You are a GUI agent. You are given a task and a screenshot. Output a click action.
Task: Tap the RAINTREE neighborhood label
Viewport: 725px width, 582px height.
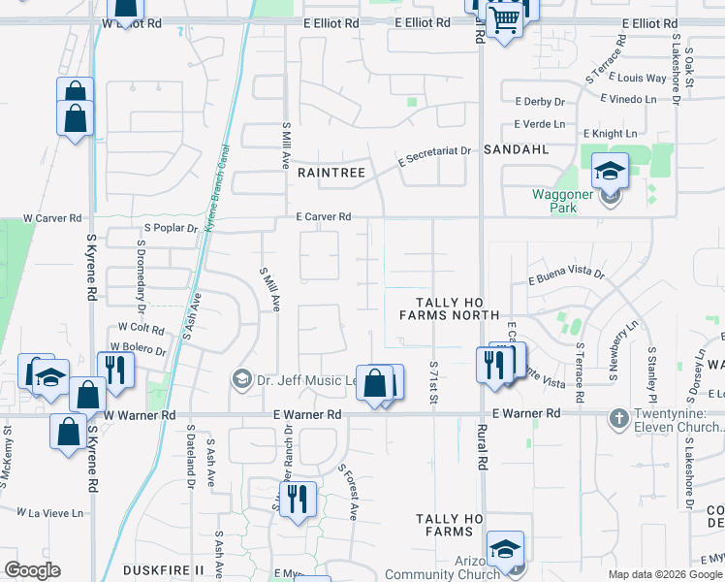coord(331,173)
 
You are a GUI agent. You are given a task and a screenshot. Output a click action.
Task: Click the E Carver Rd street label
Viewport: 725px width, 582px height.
coord(323,217)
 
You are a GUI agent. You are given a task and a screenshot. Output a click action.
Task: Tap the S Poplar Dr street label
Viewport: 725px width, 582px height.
coord(171,228)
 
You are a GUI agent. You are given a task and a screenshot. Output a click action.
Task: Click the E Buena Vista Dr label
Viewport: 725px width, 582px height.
coord(566,276)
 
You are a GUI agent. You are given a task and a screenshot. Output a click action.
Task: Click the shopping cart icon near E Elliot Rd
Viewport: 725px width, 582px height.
coord(504,18)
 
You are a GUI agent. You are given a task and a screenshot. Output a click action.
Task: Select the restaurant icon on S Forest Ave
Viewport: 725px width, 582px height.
coord(298,499)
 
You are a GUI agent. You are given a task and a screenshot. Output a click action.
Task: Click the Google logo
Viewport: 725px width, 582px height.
coord(32,570)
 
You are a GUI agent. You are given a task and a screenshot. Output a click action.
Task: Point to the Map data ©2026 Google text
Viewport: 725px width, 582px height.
coord(664,574)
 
